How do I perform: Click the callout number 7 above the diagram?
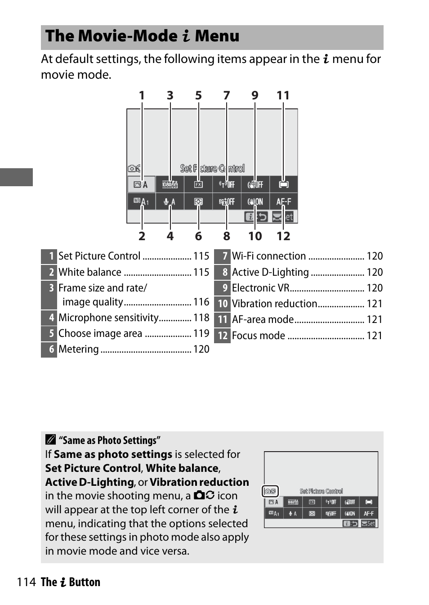pyautogui.click(x=227, y=95)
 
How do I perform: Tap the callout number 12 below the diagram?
pyautogui.click(x=283, y=236)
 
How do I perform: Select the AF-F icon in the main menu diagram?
pyautogui.click(x=283, y=202)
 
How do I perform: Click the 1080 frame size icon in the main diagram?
pyautogui.click(x=170, y=184)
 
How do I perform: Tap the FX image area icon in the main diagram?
pyautogui.click(x=198, y=184)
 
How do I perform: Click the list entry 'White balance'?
pyautogui.click(x=90, y=272)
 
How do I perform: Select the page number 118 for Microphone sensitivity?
pyautogui.click(x=201, y=318)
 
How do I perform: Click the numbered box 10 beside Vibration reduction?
pyautogui.click(x=223, y=304)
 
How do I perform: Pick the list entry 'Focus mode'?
pyautogui.click(x=259, y=336)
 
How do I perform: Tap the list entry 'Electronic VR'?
pyautogui.click(x=260, y=288)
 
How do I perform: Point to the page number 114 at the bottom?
pyautogui.click(x=26, y=582)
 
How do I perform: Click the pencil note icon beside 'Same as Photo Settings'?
pyautogui.click(x=51, y=439)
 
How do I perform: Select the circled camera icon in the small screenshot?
pyautogui.click(x=270, y=491)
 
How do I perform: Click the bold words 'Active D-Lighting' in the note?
pyautogui.click(x=89, y=482)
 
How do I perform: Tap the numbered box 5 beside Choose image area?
pyautogui.click(x=49, y=333)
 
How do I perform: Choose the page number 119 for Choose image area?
pyautogui.click(x=201, y=333)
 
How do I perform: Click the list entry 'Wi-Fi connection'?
pyautogui.click(x=269, y=256)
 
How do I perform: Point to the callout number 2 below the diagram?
pyautogui.click(x=142, y=236)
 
